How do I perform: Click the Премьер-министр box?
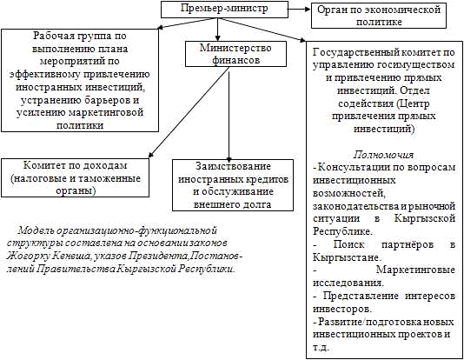coord(224,10)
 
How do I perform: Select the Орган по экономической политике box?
coord(379,16)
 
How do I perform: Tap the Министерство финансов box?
coord(235,54)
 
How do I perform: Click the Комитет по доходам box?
coord(76,177)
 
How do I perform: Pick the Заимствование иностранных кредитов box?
coord(233,185)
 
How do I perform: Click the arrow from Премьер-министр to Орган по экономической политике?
coord(299,9)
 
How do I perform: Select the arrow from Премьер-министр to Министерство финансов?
coord(217,30)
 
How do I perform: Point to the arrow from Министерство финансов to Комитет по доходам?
coord(189,112)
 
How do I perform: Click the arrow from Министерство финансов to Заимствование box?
coord(229,116)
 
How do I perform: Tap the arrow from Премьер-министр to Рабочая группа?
coord(187,23)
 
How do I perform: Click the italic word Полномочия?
coord(383,155)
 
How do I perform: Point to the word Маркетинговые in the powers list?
coord(415,270)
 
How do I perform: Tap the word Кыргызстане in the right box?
coord(344,257)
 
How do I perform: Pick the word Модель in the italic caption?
coord(33,230)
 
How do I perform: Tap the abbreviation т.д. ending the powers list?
coord(321,347)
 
